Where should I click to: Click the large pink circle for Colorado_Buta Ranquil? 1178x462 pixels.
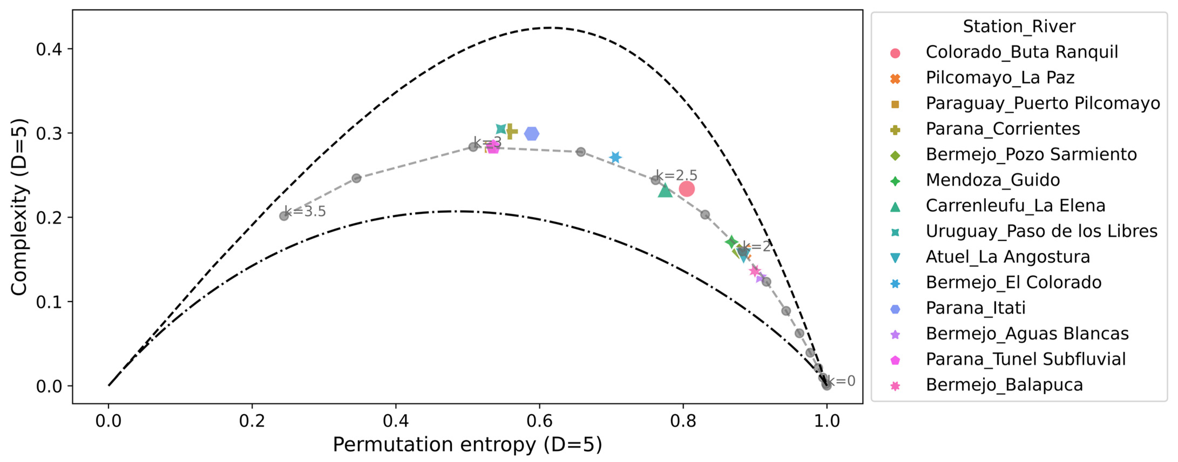tap(686, 189)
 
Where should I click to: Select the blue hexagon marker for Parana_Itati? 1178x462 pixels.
tap(532, 134)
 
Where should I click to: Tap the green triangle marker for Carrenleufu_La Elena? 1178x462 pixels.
tap(665, 190)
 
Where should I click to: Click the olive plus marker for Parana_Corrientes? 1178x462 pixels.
tap(511, 131)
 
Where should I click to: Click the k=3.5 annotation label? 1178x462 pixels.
tap(305, 212)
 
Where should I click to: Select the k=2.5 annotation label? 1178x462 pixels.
tap(676, 175)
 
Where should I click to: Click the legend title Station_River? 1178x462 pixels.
tap(1019, 26)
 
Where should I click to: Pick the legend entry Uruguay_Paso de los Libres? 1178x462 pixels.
tap(1041, 231)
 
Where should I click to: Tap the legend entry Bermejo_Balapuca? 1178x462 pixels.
tap(1004, 385)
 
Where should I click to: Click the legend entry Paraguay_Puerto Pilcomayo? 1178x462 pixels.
tap(1043, 103)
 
